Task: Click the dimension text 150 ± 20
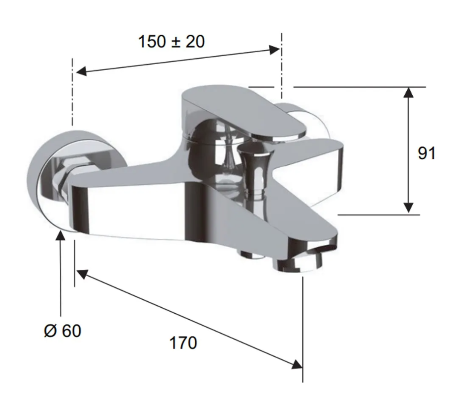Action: click(171, 41)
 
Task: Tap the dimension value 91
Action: click(426, 153)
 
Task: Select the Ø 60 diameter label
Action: click(63, 331)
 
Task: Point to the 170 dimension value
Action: click(183, 343)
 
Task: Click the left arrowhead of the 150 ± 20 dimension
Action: click(81, 71)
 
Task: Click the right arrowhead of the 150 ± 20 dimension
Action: click(275, 50)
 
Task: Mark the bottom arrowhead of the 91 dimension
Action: click(408, 208)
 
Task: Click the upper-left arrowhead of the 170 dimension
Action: click(82, 274)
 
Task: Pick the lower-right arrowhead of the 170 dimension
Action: click(297, 364)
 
